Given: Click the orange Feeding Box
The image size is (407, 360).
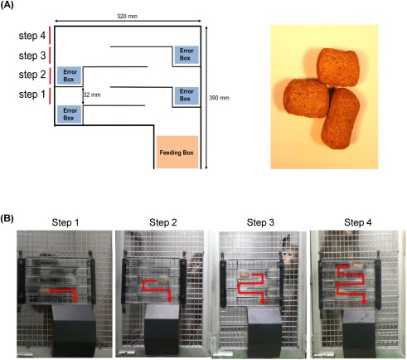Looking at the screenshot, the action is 177,152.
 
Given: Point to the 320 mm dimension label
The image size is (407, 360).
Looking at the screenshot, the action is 127,16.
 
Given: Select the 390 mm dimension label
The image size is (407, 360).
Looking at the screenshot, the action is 219,98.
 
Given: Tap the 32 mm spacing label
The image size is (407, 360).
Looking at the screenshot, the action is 92,95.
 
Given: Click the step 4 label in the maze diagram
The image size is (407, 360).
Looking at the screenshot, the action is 32,36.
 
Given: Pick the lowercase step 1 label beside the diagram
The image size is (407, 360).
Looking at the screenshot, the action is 32,95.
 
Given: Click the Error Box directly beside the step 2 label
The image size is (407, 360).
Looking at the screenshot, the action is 69,75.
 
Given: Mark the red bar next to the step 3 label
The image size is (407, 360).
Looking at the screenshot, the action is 50,55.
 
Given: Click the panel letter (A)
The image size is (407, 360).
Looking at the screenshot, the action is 7,6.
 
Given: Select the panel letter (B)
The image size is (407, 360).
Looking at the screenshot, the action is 7,219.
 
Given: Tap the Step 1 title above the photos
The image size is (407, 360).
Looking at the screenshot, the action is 65,222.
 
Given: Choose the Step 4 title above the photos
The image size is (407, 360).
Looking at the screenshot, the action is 358,222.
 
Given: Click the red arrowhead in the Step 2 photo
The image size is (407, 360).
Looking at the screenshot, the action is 170,299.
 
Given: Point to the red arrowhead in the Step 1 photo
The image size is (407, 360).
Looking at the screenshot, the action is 75,299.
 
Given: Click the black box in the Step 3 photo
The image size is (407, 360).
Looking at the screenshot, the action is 264,331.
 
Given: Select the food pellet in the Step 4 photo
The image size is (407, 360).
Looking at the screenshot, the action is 358,265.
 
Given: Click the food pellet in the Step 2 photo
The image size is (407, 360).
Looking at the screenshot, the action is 162,282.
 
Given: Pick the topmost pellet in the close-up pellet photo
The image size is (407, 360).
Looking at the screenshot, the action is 339,67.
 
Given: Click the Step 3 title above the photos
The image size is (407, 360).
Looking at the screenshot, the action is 260,222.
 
